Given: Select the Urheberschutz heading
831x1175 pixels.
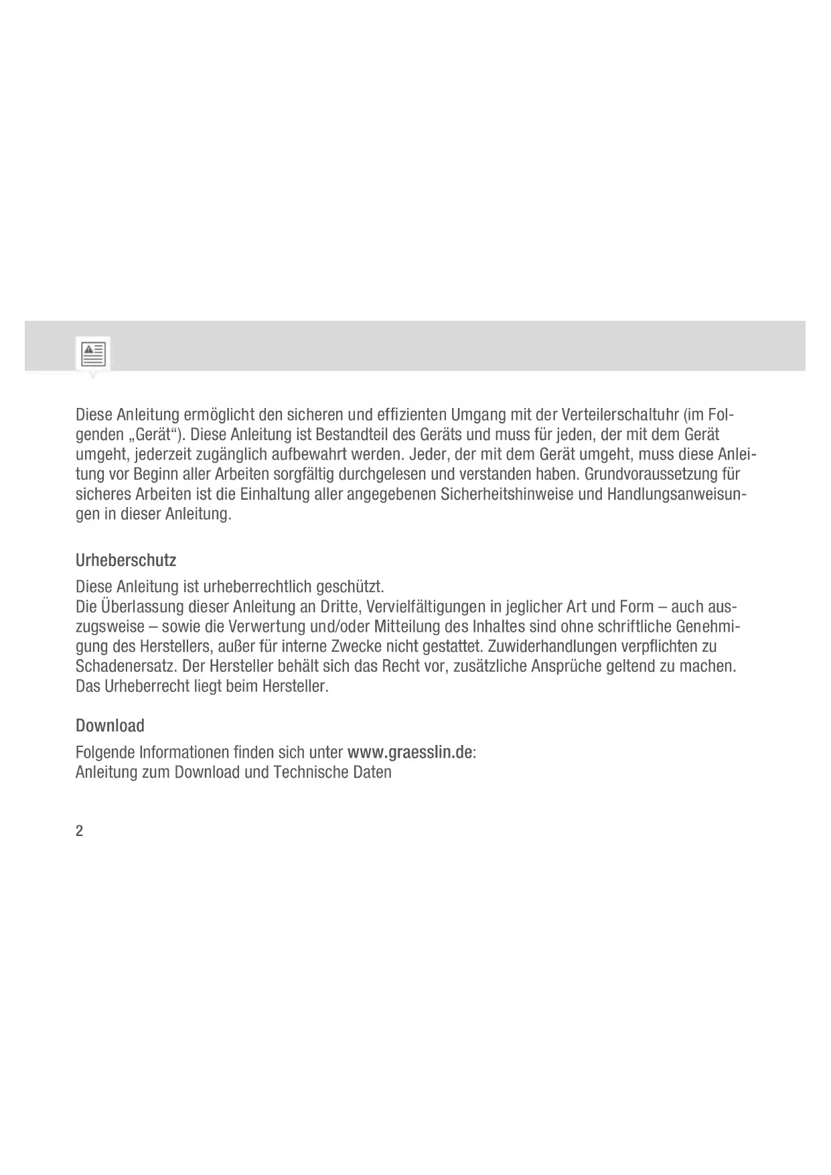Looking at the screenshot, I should point(126,559).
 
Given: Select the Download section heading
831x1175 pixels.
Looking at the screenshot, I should point(110,725).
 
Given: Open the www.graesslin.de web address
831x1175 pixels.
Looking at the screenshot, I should point(410,752).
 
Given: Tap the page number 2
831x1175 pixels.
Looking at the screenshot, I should point(80,831).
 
